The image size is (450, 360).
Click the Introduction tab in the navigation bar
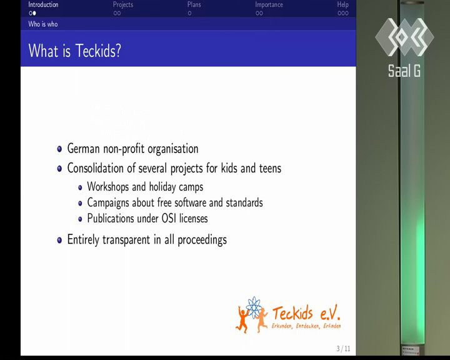[x=43, y=4]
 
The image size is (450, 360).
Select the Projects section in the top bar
[x=123, y=4]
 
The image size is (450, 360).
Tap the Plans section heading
[x=194, y=4]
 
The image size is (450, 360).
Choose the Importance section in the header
[x=269, y=4]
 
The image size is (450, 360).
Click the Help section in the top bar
[x=343, y=4]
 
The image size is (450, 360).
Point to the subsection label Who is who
[x=43, y=24]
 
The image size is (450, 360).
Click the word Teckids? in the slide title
[x=98, y=51]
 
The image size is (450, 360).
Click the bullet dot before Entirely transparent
[x=59, y=240]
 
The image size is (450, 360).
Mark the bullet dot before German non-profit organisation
[x=59, y=149]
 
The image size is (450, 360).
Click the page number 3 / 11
[x=344, y=349]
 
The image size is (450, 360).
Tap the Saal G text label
[x=404, y=71]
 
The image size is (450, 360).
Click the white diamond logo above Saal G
[x=404, y=37]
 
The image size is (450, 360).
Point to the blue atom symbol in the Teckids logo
[x=254, y=307]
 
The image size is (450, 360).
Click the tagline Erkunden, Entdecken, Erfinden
[x=306, y=326]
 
